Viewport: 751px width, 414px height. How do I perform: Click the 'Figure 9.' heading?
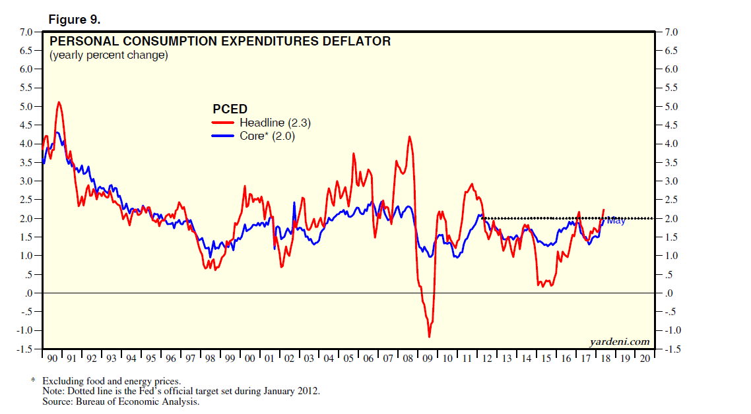(x=74, y=20)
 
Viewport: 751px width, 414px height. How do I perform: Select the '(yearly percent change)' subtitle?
(x=109, y=55)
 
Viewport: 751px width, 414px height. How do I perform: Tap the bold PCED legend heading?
(x=230, y=109)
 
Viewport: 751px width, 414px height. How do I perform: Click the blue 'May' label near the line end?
(x=616, y=221)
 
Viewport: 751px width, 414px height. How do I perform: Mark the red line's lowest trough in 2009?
(x=429, y=337)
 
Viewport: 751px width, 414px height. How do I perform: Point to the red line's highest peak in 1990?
(x=59, y=102)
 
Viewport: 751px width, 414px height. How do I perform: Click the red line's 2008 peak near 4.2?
(x=410, y=136)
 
